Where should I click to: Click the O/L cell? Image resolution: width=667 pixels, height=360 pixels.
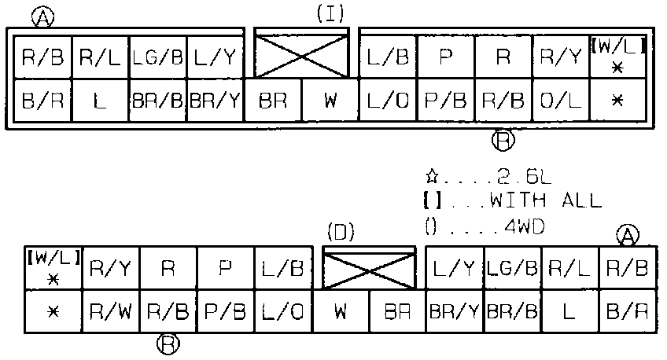561,101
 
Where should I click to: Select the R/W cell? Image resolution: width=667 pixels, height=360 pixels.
111,311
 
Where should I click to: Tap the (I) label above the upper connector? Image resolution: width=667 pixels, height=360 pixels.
330,13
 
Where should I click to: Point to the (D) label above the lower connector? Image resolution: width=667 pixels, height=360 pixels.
341,232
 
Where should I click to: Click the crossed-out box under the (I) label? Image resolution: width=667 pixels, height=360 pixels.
301,56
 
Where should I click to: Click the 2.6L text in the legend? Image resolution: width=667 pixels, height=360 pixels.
524,177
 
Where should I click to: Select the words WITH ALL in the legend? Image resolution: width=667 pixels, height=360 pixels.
546,200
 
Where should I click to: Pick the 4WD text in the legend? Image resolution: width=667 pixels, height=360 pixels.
525,227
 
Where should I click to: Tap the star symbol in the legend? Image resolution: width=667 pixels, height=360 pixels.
431,175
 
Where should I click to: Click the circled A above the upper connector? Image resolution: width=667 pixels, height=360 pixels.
43,18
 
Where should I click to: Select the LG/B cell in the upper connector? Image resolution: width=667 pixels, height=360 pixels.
158,57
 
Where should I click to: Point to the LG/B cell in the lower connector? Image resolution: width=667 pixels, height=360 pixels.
512,268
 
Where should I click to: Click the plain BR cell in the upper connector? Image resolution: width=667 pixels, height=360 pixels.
273,101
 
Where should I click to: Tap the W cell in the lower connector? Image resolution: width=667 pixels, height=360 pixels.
341,311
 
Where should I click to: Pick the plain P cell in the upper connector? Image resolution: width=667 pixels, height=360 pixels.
446,57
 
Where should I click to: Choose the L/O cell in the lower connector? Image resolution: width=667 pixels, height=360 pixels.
283,311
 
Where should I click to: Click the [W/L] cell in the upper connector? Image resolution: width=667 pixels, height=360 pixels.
618,57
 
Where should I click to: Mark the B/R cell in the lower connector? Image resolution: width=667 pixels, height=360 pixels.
627,311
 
